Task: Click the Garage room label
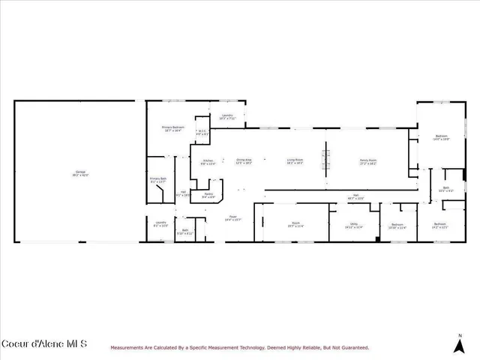tap(80, 173)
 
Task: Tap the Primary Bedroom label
tap(173, 129)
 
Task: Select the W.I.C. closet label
tap(201, 133)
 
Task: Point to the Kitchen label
tap(208, 161)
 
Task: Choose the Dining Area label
tap(244, 161)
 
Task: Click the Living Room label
tap(295, 161)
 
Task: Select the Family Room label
tap(367, 161)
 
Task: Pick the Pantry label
tap(208, 196)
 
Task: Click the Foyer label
tap(233, 218)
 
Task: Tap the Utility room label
tap(353, 225)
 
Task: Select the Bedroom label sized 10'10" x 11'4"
tap(397, 226)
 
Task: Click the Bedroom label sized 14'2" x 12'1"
tap(440, 225)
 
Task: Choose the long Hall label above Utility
tap(355, 197)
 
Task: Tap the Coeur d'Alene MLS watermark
tap(44, 344)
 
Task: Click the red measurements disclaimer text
tap(239, 347)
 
